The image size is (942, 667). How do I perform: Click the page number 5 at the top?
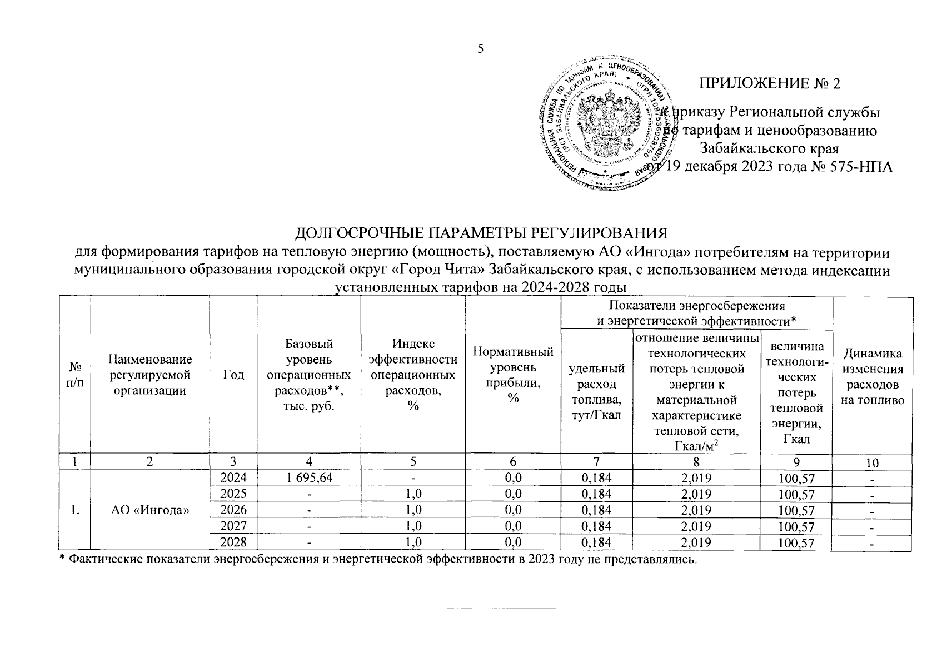[x=481, y=49]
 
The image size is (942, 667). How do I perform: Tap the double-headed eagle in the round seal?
[x=604, y=122]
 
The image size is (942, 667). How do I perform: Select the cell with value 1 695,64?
[x=308, y=477]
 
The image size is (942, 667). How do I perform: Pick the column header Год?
[x=233, y=375]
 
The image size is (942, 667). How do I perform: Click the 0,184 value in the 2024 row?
[x=596, y=477]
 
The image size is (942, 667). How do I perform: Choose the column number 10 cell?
[x=872, y=462]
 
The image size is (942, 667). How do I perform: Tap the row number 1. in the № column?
[x=74, y=510]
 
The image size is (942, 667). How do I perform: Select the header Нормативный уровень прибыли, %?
[x=512, y=375]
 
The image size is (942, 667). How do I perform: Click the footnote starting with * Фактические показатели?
[x=378, y=559]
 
